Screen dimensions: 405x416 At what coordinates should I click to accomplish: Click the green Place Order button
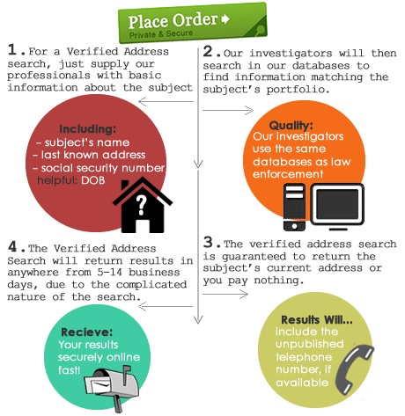pyautogui.click(x=193, y=23)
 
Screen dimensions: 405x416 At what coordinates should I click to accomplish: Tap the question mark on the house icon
pyautogui.click(x=142, y=205)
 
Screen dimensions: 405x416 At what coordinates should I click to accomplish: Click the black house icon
pyautogui.click(x=143, y=205)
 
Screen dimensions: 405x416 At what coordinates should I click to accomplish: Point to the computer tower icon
pyautogui.click(x=294, y=207)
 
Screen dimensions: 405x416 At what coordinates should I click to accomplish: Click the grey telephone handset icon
pyautogui.click(x=355, y=369)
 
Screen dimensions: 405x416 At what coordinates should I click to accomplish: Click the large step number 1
pyautogui.click(x=12, y=49)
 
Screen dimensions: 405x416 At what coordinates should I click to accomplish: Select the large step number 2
pyautogui.click(x=208, y=51)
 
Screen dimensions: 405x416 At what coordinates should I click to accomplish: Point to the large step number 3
pyautogui.click(x=208, y=242)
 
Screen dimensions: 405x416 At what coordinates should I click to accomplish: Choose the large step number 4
pyautogui.click(x=12, y=246)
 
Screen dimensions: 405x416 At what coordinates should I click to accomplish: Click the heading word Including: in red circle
pyautogui.click(x=88, y=129)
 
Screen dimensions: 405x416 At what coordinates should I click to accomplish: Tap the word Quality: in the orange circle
pyautogui.click(x=291, y=126)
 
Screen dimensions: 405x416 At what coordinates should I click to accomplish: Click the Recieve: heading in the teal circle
pyautogui.click(x=86, y=332)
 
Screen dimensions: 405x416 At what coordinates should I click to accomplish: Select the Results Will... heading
pyautogui.click(x=317, y=320)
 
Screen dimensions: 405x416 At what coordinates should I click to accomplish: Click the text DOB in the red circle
pyautogui.click(x=93, y=180)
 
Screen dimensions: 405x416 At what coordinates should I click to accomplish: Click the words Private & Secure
pyautogui.click(x=161, y=34)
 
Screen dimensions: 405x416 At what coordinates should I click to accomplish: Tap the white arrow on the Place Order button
pyautogui.click(x=225, y=19)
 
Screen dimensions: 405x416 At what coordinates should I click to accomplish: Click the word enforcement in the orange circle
pyautogui.click(x=288, y=174)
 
